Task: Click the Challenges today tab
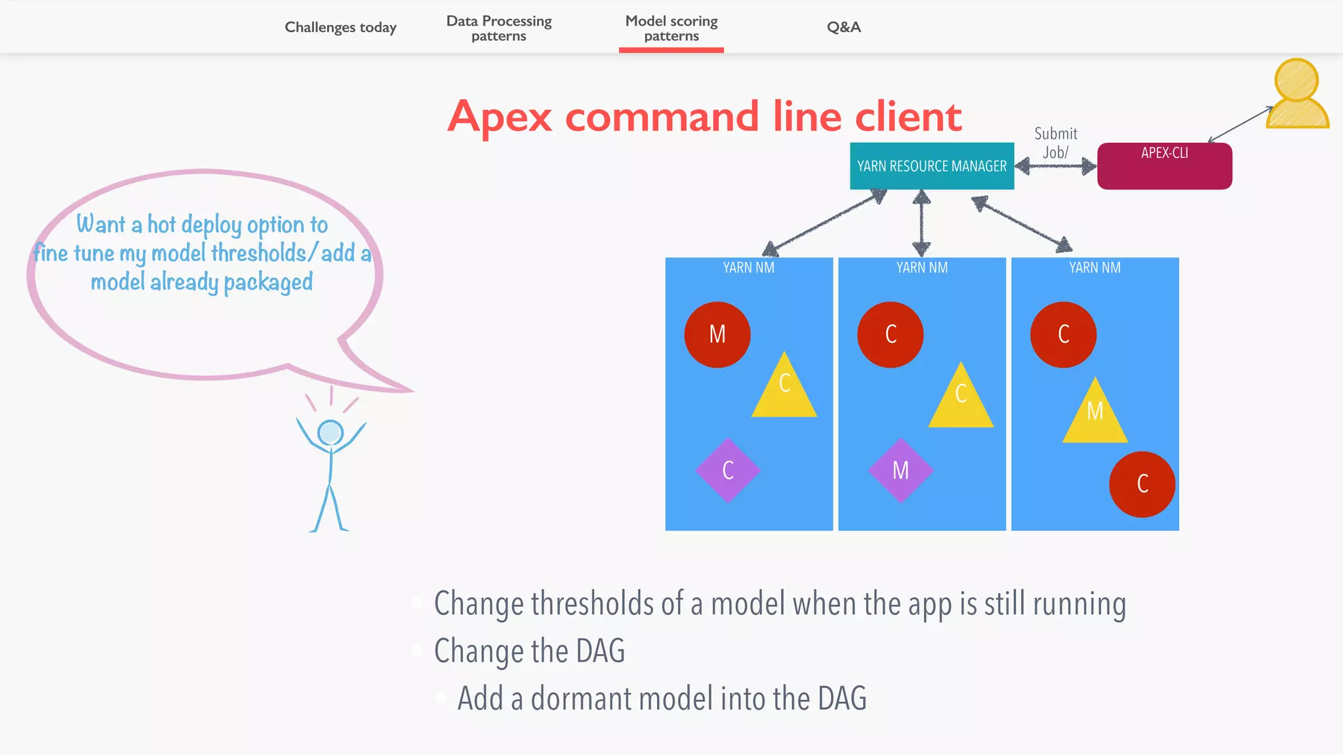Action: (340, 28)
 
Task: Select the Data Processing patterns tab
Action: (498, 28)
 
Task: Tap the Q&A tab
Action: (843, 28)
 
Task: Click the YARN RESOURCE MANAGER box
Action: (931, 166)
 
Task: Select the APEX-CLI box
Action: (1164, 166)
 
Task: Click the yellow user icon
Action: (1296, 95)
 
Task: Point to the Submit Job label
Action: (1055, 143)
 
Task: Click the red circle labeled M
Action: (717, 334)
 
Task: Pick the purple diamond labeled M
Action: (900, 470)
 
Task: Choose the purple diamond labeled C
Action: (727, 470)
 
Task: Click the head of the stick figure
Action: (330, 433)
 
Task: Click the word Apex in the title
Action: (500, 117)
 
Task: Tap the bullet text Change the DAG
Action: (529, 651)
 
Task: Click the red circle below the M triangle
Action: (1142, 484)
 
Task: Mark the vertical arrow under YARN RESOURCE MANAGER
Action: (921, 223)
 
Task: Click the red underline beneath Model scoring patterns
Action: (671, 50)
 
